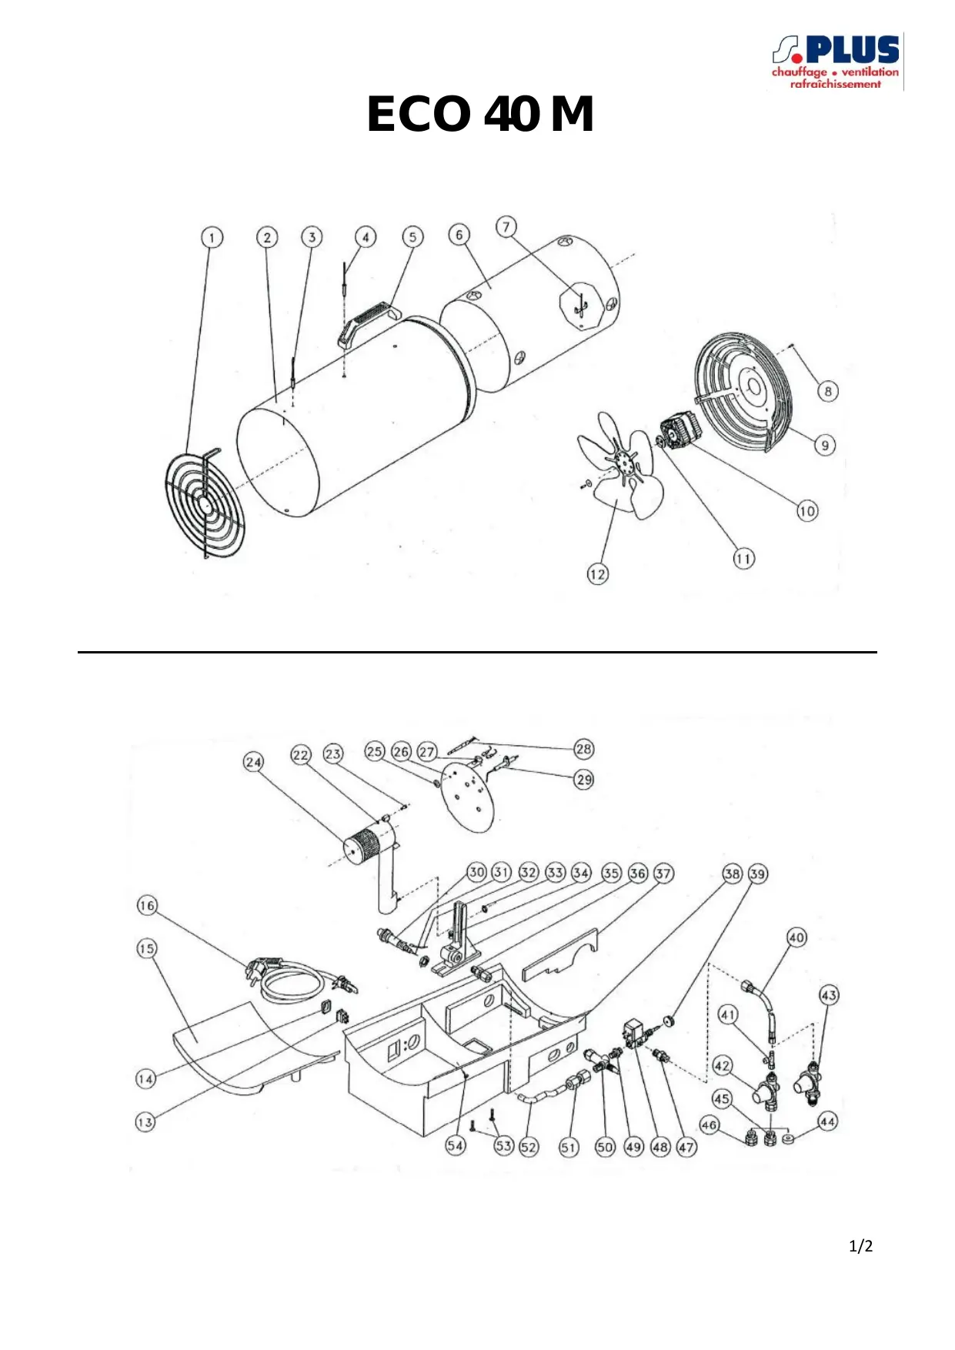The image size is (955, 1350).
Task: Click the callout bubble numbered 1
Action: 212,237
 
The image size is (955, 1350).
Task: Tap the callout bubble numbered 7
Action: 506,226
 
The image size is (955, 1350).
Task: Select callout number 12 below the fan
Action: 597,573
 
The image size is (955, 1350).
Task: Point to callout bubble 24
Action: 253,762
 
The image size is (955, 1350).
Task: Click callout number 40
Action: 796,937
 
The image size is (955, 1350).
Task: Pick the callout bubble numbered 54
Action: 456,1145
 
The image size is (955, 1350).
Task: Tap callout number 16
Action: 147,905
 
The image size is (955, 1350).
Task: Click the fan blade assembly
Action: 620,465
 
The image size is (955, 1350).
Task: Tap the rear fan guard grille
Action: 743,392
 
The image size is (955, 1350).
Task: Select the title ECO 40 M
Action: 480,114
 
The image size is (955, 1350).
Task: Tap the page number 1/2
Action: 860,1246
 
